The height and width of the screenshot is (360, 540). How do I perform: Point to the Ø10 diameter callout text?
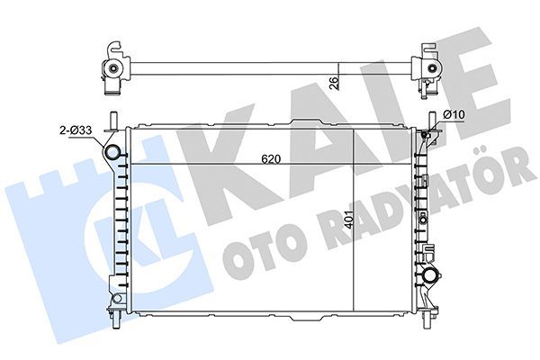tap(454, 114)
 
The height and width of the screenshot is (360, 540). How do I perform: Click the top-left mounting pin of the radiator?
tap(112, 121)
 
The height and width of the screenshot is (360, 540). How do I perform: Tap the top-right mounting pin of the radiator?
tap(433, 121)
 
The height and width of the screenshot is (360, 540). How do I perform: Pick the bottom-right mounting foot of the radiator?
tap(430, 315)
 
